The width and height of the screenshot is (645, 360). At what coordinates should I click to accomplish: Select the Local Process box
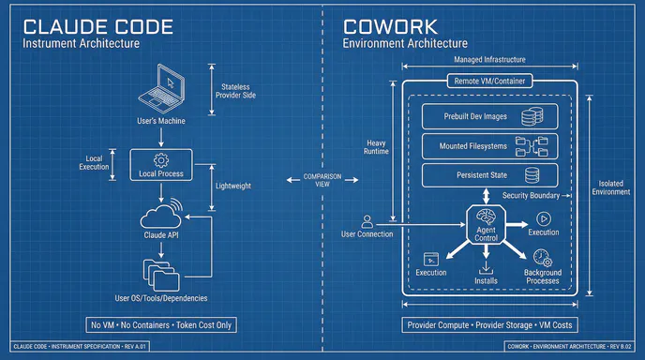point(160,165)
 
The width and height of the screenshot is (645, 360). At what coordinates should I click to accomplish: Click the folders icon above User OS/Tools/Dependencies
point(160,275)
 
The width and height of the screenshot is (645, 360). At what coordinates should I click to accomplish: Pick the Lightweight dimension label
point(232,187)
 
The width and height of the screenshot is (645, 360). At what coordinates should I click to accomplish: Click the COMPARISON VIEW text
point(322,179)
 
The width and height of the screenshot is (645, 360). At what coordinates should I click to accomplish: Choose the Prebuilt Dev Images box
point(487,117)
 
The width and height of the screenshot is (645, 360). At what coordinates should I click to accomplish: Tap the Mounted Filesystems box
point(487,146)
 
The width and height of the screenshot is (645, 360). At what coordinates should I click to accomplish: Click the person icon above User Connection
point(367,222)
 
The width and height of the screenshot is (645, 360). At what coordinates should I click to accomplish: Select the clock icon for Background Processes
point(541,257)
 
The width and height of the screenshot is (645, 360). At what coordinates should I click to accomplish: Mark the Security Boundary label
point(530,196)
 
